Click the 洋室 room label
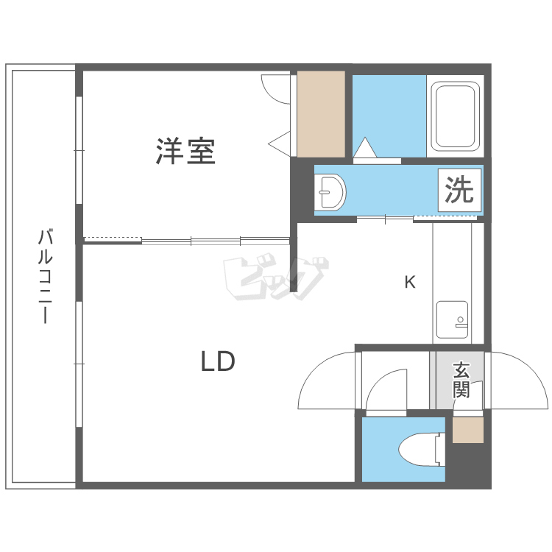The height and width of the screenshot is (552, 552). point(185,152)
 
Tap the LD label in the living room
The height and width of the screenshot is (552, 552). point(218,361)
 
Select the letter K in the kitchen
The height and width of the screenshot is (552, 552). point(410,282)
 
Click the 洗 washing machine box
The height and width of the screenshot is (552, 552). point(459,190)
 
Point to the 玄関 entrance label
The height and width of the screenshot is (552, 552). point(461,380)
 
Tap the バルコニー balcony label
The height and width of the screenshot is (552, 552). point(45,276)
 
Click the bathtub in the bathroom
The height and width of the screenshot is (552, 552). point(455,116)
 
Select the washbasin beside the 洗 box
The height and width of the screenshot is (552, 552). point(330,192)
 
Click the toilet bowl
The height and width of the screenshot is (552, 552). point(422,450)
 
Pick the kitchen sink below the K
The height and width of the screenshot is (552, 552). point(453,319)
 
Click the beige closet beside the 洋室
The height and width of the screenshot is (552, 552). point(321,114)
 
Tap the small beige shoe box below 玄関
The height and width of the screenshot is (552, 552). point(468,430)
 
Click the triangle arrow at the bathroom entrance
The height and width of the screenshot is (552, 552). point(365,147)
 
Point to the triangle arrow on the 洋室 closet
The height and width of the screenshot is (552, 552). point(280,143)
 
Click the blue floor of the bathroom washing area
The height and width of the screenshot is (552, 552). point(389,113)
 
